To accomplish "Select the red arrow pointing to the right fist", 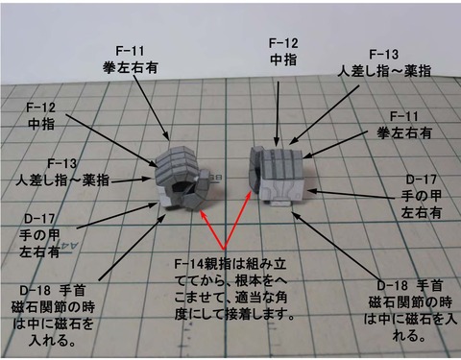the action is (x=250, y=226).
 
